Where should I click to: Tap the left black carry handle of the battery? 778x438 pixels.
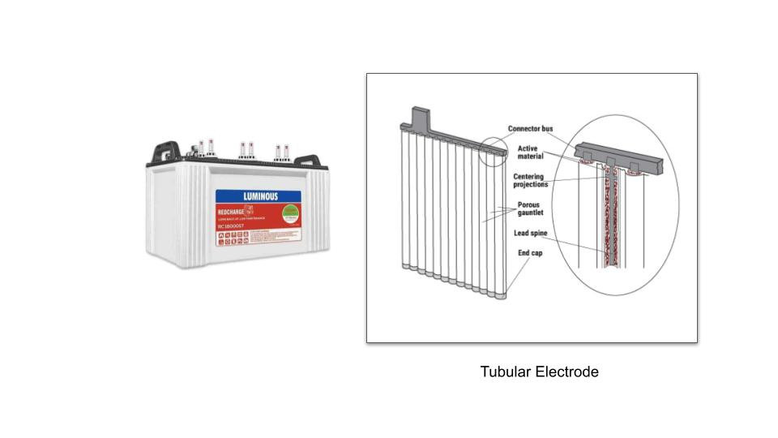(167, 150)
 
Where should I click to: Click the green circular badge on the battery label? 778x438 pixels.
(289, 213)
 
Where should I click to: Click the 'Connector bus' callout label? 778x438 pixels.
(531, 129)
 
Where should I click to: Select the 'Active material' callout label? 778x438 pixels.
(530, 152)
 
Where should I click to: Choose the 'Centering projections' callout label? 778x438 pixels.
(530, 180)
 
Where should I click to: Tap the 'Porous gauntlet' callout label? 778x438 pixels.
(531, 208)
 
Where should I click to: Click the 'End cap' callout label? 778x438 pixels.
(530, 253)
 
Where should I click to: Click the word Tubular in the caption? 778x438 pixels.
(506, 371)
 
